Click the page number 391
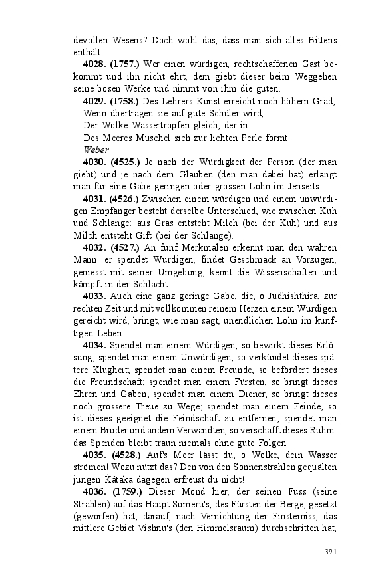(331, 552)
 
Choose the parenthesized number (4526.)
(124, 199)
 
